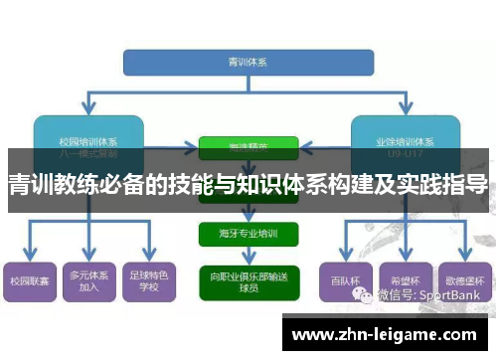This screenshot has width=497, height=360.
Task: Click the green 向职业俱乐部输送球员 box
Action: [248, 279]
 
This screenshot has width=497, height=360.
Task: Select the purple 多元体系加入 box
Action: [89, 279]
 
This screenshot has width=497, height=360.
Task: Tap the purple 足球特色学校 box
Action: [150, 279]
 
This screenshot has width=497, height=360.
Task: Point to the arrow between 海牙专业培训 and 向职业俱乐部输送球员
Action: [248, 257]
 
